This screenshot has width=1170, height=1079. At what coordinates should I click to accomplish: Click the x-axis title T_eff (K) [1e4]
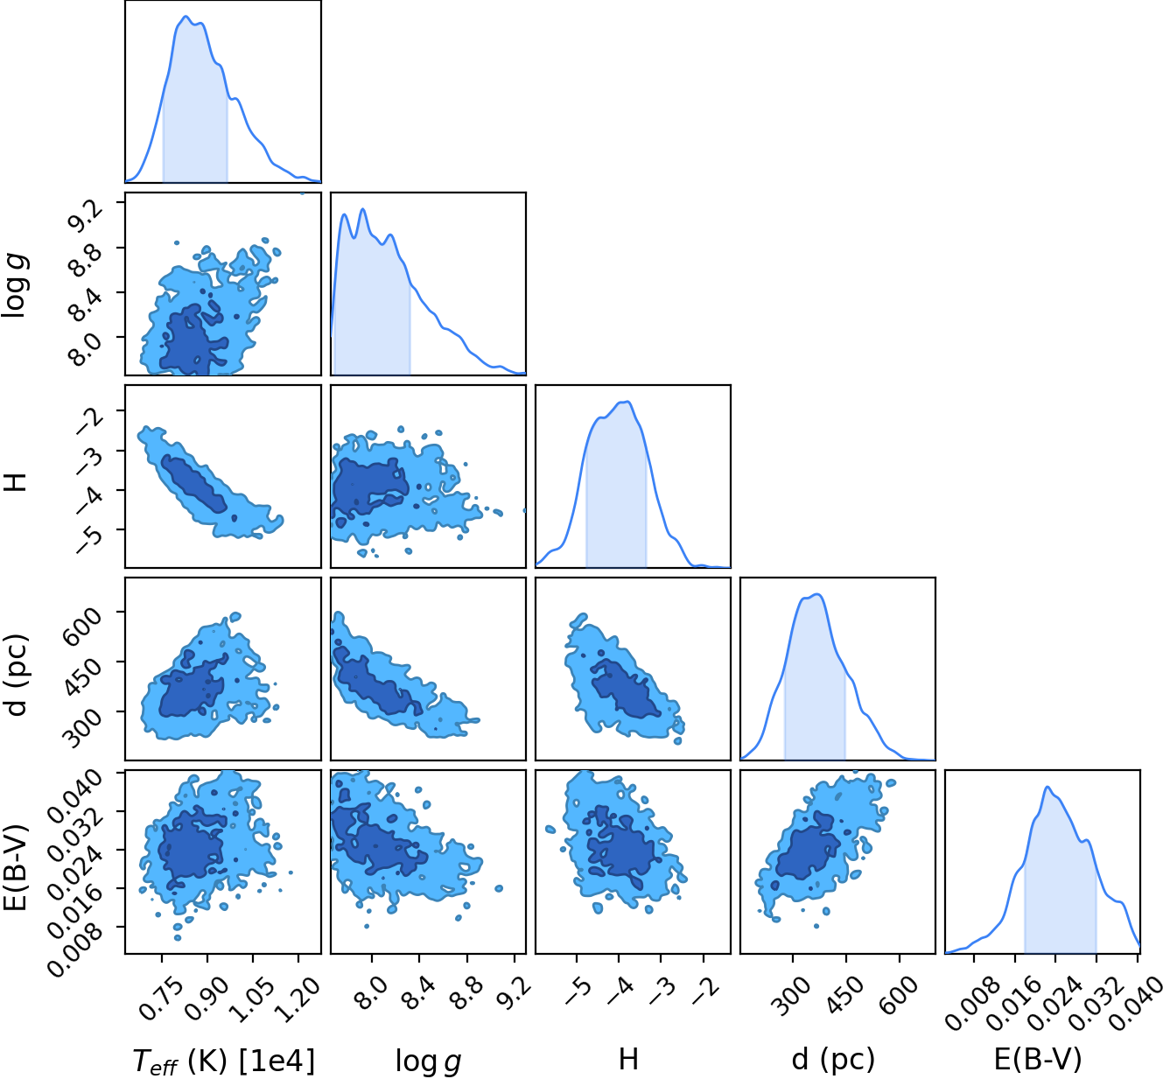223,1060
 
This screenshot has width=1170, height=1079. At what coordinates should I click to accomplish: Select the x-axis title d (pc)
833,1059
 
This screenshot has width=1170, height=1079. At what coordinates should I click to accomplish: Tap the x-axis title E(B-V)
1038,1059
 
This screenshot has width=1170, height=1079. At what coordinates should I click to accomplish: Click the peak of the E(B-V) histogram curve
1047,787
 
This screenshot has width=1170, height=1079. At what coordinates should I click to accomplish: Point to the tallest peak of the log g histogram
363,208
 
